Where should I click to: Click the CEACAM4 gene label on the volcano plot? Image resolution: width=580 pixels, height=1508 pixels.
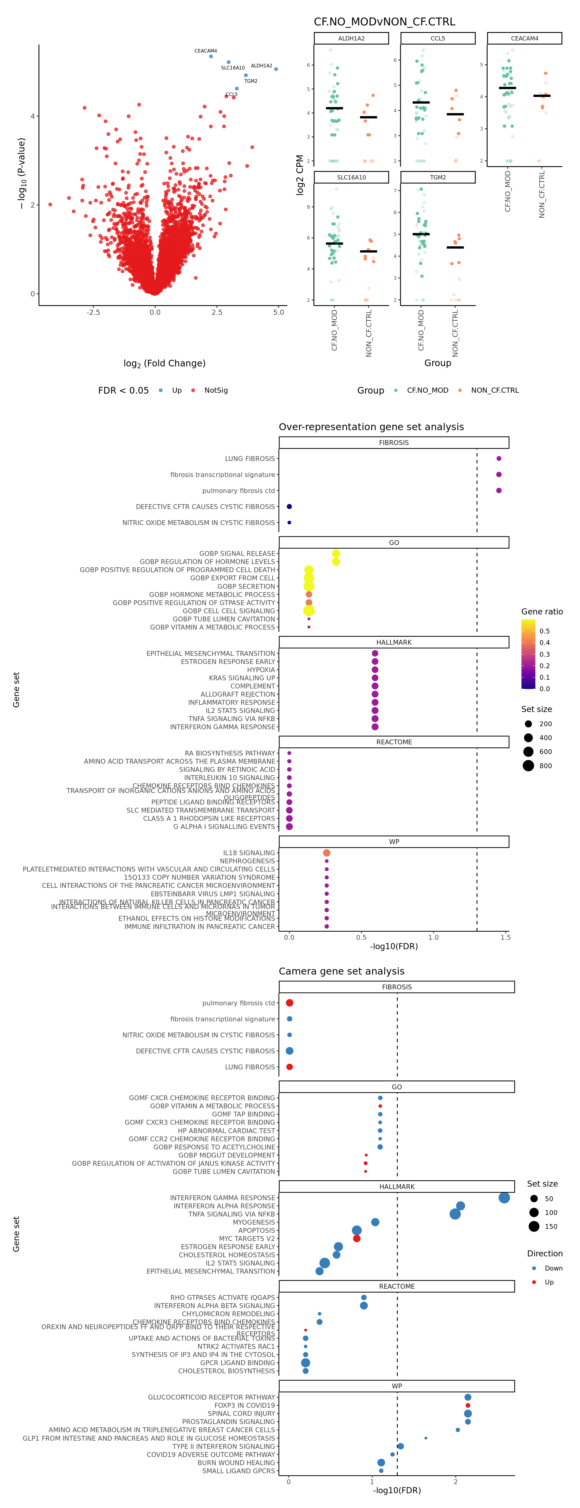coord(205,51)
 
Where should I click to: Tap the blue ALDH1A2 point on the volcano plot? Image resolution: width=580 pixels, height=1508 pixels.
coord(276,69)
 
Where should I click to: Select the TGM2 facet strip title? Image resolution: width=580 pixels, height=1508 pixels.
coord(438,177)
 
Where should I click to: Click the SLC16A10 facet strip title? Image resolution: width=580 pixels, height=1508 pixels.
coord(351,177)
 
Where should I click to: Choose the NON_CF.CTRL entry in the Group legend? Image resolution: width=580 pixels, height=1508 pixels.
coord(495,391)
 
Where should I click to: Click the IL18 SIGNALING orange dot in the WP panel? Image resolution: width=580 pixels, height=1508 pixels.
coord(327,853)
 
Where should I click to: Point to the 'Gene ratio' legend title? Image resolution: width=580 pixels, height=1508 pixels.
coord(542,612)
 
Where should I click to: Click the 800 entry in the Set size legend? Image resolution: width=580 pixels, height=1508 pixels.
coord(545,766)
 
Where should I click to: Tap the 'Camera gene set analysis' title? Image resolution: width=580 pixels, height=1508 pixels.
coord(341,971)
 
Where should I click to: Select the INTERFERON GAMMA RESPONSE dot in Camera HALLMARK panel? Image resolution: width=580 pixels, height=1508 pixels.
coord(504,1198)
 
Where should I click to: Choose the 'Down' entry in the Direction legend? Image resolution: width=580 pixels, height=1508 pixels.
coord(553,1268)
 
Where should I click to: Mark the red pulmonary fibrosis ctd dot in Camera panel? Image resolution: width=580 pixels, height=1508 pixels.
coord(289,1003)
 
